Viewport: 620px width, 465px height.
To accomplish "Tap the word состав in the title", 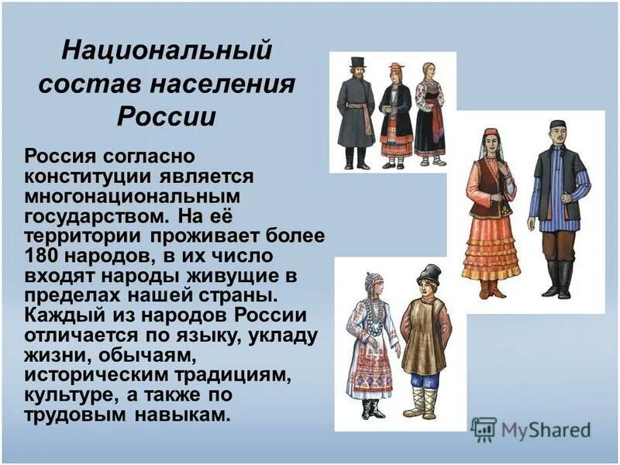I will (x=85, y=85).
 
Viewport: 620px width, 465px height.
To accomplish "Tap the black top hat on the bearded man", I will (x=356, y=63).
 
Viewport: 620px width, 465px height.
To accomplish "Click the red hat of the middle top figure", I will (x=396, y=67).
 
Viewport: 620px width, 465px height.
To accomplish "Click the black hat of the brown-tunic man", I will (x=428, y=274).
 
